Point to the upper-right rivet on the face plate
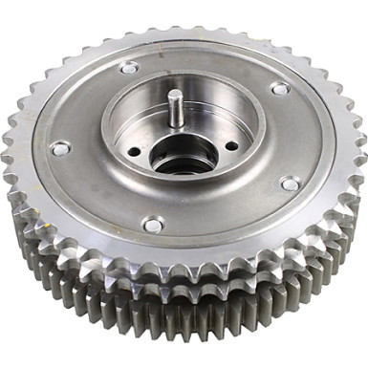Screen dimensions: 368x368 click(280, 88)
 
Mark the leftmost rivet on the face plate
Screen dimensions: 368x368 click(60, 148)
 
